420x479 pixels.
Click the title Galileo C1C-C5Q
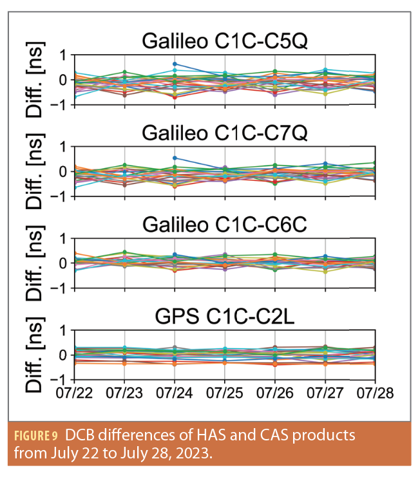point(225,42)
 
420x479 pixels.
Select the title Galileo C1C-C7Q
point(225,134)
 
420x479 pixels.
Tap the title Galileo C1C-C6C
point(225,226)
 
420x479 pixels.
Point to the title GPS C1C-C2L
point(225,318)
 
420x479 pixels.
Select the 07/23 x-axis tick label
point(125,392)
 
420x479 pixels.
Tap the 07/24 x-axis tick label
point(175,392)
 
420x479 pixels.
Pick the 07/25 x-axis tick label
point(225,392)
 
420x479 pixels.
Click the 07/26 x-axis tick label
point(275,392)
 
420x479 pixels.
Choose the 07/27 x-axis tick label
point(325,392)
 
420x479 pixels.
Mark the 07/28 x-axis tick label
point(375,392)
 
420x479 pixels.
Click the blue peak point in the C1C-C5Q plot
point(175,64)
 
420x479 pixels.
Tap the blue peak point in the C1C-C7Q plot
point(175,158)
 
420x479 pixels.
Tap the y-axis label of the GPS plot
point(38,355)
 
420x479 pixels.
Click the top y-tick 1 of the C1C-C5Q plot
point(63,55)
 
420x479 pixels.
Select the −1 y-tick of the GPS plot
point(61,380)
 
